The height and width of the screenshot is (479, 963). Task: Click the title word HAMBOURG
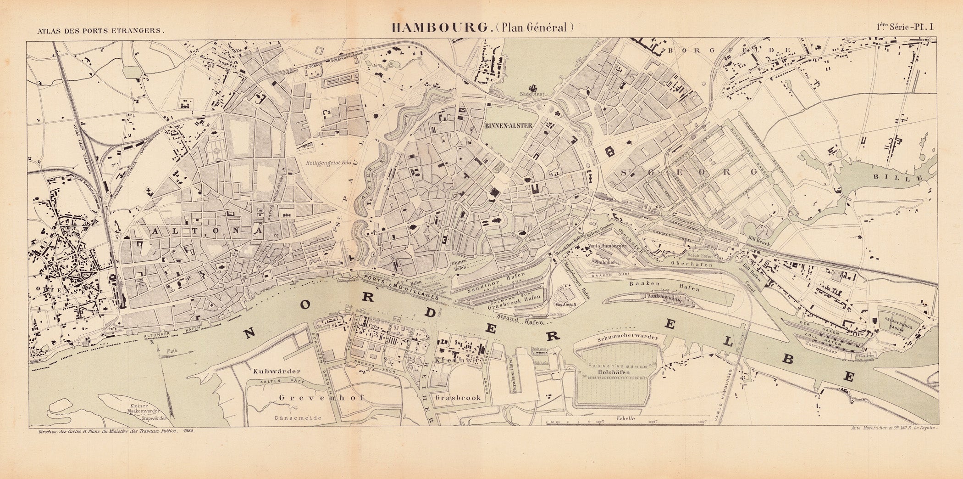(x=439, y=27)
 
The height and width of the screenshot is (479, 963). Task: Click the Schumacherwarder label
(x=627, y=337)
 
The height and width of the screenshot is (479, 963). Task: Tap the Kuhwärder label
(x=276, y=371)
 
